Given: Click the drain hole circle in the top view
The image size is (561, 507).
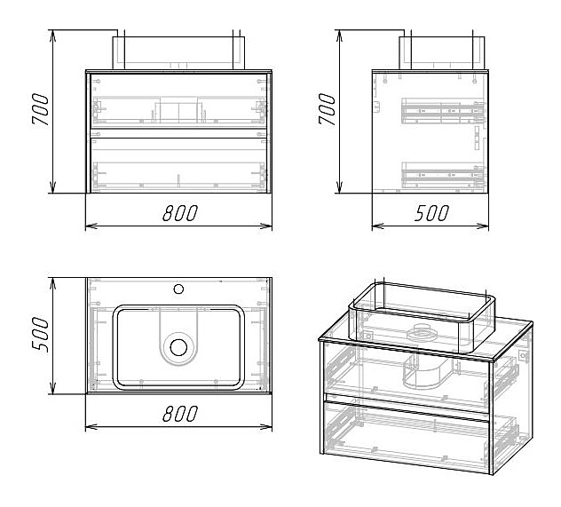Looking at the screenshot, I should point(179,347).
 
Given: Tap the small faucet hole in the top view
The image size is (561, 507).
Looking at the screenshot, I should point(178,289).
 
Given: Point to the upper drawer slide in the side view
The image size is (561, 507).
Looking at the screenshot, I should point(442,111).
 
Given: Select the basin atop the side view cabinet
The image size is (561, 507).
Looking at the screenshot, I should point(442,51).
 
